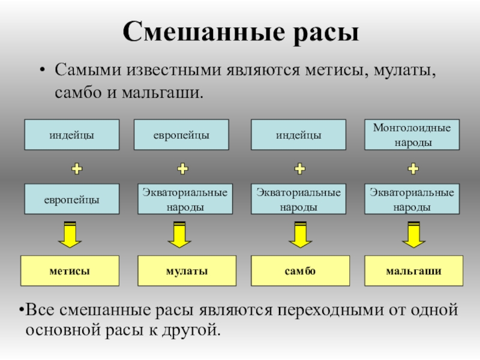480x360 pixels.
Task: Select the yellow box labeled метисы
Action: click(70, 271)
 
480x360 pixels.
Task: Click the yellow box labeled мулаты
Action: click(187, 271)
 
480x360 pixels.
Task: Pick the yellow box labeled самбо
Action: click(301, 271)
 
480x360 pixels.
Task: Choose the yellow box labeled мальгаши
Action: click(413, 271)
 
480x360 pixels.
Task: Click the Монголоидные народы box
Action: click(412, 134)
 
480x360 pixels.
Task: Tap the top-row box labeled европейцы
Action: click(181, 134)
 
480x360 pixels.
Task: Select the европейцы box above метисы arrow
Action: click(72, 199)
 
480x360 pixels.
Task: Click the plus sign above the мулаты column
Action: click(183, 169)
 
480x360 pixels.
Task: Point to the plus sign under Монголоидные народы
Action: click(413, 169)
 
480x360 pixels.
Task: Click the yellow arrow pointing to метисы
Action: click(70, 235)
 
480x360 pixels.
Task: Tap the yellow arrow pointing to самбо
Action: click(301, 235)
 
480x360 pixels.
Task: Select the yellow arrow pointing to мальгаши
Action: click(413, 235)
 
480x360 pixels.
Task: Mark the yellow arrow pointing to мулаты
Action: click(179, 235)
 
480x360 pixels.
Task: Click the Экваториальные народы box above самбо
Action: click(298, 199)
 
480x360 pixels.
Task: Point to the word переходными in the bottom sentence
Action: click(331, 310)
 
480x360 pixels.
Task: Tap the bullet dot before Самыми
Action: click(42, 70)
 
